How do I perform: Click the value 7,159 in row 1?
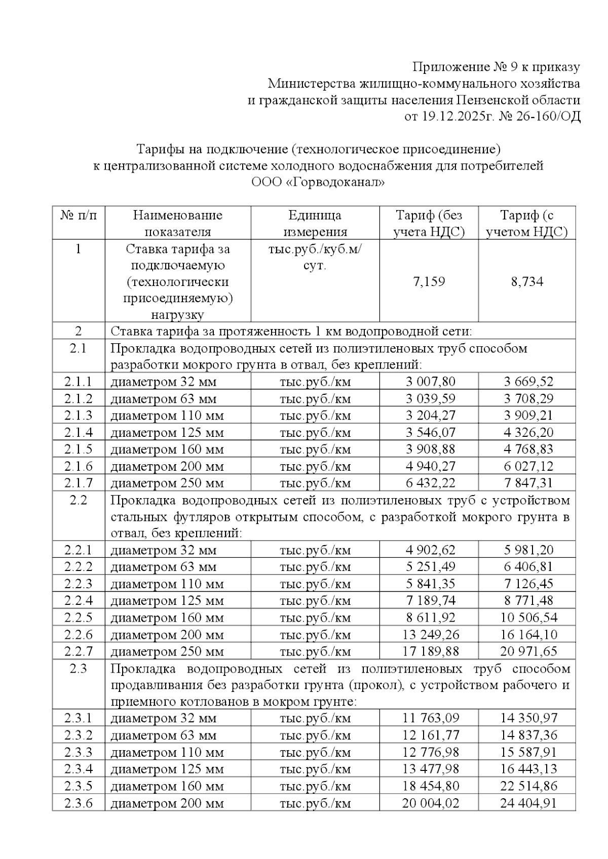tap(429, 282)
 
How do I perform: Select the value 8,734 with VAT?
tap(527, 282)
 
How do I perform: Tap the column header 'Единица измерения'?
tap(315, 223)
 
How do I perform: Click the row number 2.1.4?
tap(78, 432)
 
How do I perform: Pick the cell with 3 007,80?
tap(430, 382)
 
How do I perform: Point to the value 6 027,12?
tap(528, 466)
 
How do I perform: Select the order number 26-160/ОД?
tap(550, 117)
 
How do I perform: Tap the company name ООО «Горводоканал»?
tap(318, 182)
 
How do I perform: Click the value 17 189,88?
tap(430, 651)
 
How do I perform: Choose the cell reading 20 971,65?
tap(528, 651)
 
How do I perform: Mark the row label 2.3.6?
tap(78, 803)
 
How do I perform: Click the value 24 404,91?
tap(528, 803)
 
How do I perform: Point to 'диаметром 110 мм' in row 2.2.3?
tap(167, 584)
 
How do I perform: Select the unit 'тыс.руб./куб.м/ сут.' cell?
tap(315, 257)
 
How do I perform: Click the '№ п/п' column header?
tap(78, 216)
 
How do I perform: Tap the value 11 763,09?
tap(430, 718)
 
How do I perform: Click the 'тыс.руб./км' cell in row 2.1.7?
tap(315, 483)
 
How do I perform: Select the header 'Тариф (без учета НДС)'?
tap(429, 223)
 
